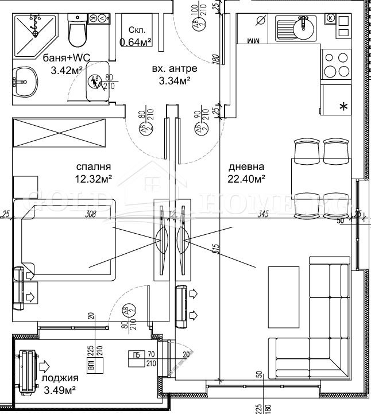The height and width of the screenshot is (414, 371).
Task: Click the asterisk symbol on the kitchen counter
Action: (344, 107)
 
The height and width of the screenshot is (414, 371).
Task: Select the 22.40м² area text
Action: (247, 180)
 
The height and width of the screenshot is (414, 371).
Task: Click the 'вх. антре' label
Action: (174, 69)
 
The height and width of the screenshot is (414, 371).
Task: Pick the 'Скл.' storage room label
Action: (136, 30)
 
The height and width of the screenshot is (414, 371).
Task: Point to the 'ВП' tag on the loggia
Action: (91, 352)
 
